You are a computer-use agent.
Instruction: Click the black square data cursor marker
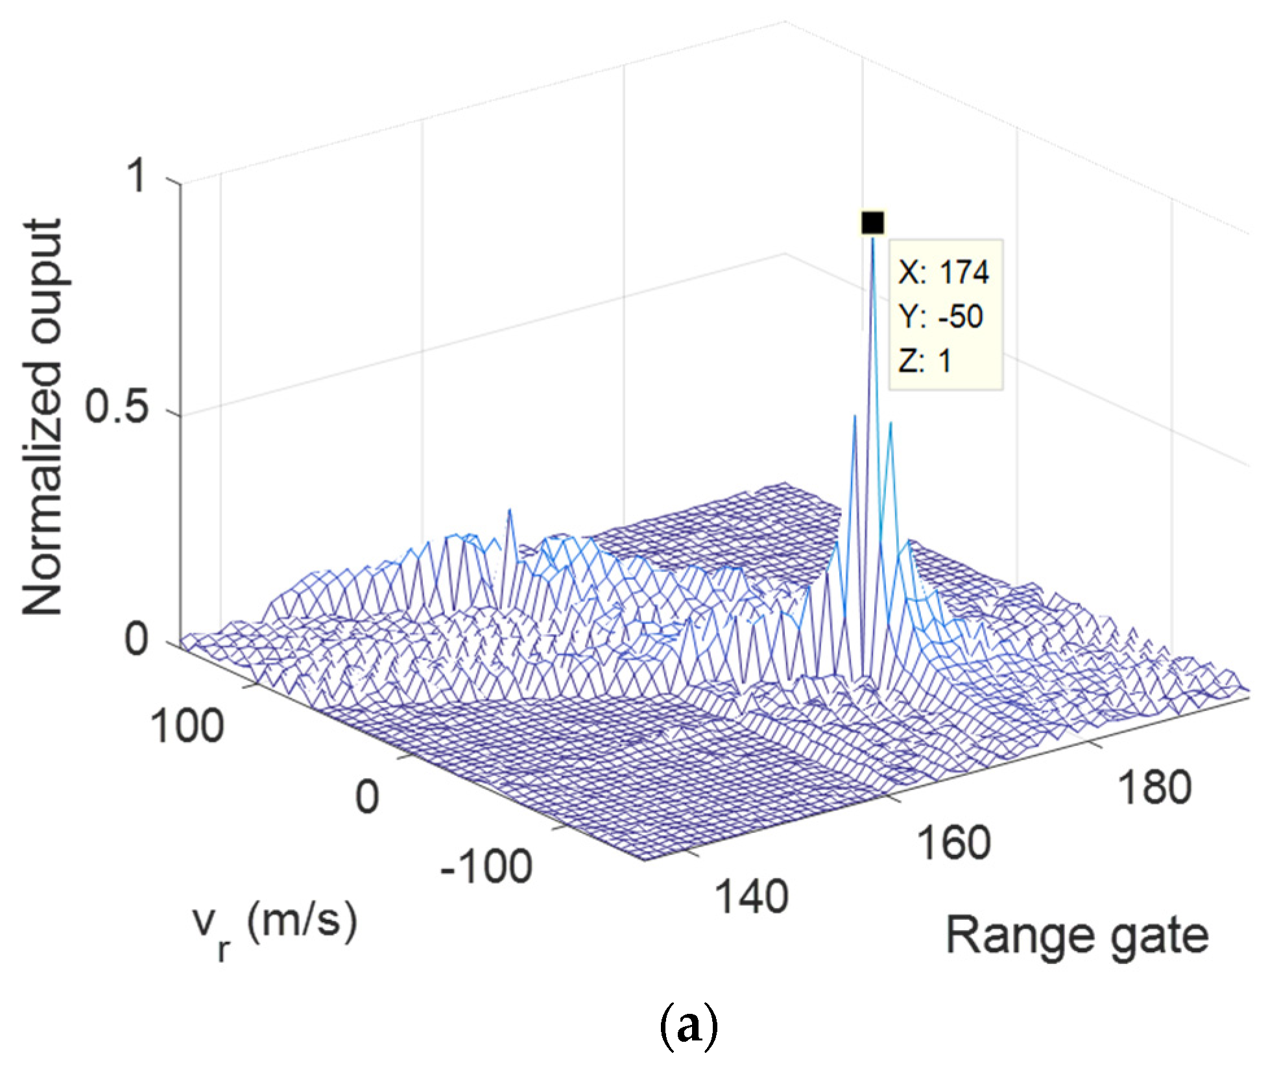(x=872, y=222)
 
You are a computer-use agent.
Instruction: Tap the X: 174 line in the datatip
(x=943, y=273)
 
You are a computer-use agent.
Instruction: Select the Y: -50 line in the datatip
(x=940, y=317)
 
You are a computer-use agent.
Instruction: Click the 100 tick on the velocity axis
(x=187, y=725)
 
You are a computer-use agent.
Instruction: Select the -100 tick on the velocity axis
(x=486, y=867)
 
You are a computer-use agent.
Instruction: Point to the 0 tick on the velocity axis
(x=367, y=797)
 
